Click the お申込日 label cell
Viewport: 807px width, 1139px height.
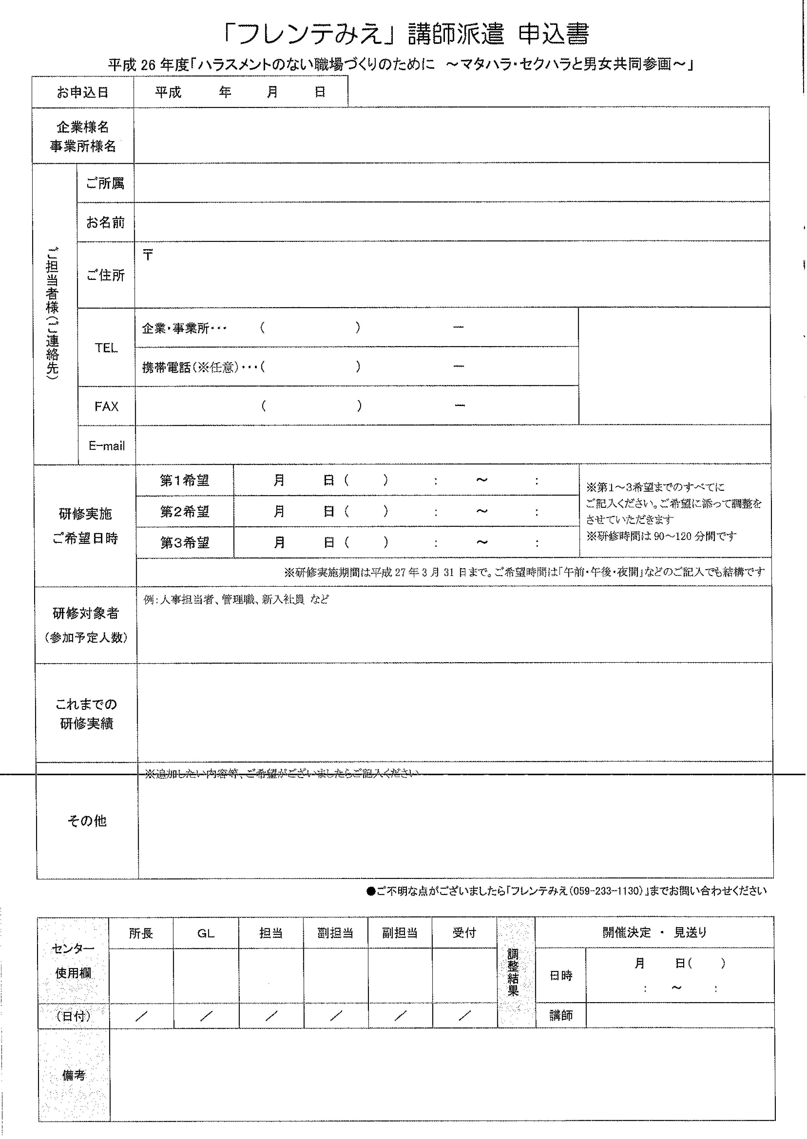(83, 92)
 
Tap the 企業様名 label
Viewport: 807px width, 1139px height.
(83, 127)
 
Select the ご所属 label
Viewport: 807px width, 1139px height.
(105, 183)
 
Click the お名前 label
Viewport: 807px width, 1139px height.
(105, 222)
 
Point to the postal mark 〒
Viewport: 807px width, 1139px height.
(148, 255)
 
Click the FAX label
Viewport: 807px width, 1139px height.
(106, 407)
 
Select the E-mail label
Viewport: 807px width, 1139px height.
(106, 446)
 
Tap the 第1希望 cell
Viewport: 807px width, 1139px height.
(184, 480)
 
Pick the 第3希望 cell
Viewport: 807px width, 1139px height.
(184, 543)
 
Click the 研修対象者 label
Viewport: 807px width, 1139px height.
(86, 614)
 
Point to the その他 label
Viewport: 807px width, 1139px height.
(87, 821)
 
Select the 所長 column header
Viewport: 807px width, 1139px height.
(141, 933)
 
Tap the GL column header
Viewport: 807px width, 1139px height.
(206, 933)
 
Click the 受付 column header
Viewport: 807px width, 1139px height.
(464, 933)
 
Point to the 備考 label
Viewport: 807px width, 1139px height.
(73, 1075)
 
